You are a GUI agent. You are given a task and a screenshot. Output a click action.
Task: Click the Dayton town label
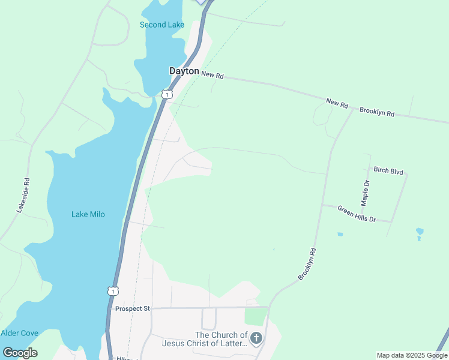(x=184, y=71)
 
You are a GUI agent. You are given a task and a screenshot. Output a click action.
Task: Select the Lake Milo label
(x=88, y=214)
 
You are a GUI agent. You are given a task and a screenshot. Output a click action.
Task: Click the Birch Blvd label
(x=388, y=170)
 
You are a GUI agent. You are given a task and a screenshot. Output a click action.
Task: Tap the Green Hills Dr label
(x=356, y=214)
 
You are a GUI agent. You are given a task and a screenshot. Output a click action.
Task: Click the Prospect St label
(x=131, y=308)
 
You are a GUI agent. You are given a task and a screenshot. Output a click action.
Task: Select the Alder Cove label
(x=20, y=333)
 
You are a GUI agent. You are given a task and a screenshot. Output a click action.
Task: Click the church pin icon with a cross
(x=256, y=338)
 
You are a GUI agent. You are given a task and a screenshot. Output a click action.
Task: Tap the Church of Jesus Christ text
(x=204, y=339)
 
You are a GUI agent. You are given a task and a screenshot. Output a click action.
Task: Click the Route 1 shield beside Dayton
(x=167, y=94)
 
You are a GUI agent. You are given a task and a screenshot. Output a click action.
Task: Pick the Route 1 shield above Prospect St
(x=113, y=291)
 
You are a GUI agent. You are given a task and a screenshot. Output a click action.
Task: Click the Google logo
(x=20, y=352)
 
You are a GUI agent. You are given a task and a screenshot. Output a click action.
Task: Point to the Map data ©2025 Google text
(x=411, y=355)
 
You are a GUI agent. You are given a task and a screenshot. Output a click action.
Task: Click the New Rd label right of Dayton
(x=212, y=76)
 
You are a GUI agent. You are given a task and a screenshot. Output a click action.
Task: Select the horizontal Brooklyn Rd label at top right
(x=377, y=112)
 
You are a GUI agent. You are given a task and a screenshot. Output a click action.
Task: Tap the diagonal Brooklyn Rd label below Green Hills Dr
(x=307, y=265)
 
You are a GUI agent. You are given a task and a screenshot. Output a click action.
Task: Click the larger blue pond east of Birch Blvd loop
(x=420, y=231)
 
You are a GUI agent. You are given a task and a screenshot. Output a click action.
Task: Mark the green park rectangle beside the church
(x=255, y=316)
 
